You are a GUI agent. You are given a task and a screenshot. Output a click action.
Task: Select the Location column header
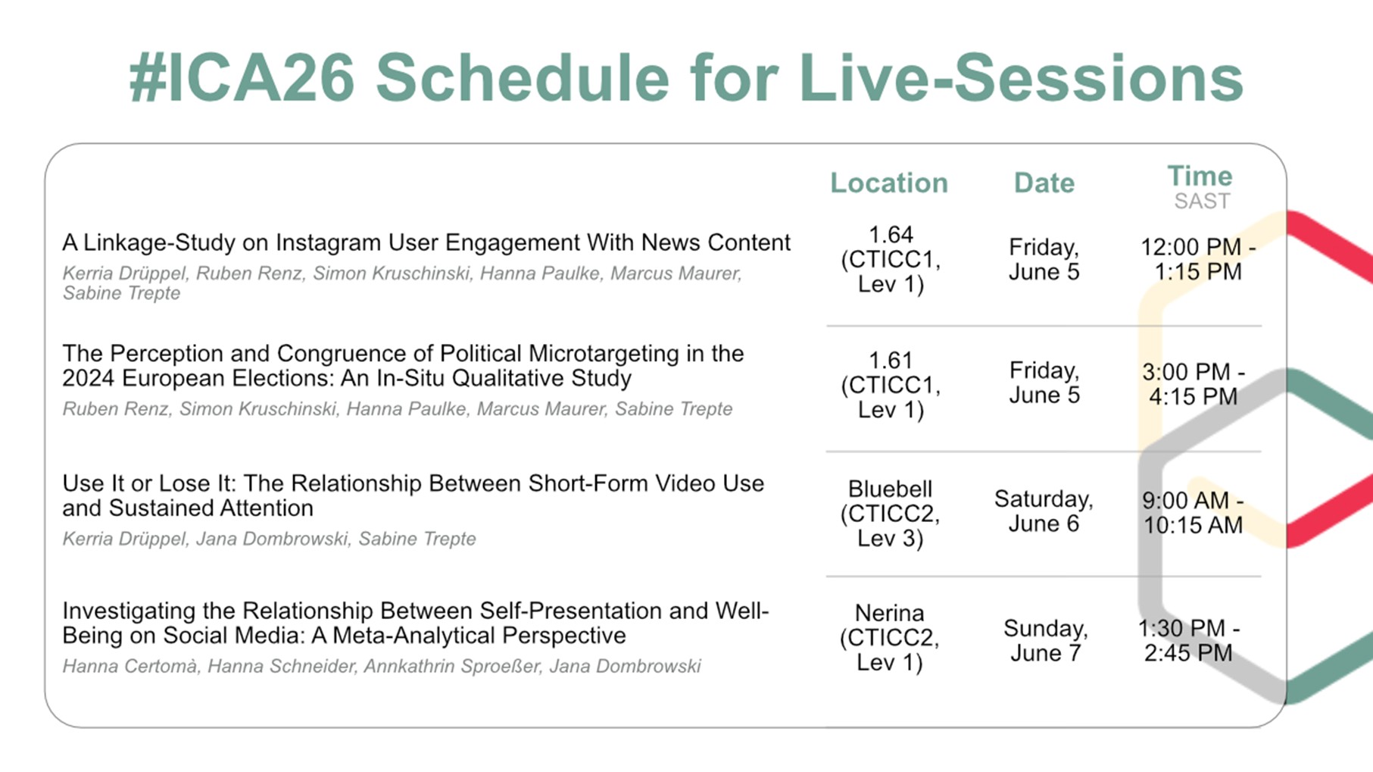[889, 183]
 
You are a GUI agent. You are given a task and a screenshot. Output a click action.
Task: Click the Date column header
[1044, 183]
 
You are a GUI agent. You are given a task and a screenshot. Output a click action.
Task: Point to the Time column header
[1200, 176]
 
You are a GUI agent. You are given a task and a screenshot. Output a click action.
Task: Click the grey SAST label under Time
[1202, 201]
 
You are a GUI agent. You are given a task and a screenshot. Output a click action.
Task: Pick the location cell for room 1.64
[891, 259]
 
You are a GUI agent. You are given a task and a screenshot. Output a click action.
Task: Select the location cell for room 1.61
[891, 385]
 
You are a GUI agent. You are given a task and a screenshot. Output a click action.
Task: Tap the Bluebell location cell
[890, 514]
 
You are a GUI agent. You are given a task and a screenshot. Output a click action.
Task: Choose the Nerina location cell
[890, 637]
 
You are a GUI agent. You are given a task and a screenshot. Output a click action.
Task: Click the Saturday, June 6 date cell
[1044, 511]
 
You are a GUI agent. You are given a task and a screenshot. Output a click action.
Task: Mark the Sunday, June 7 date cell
[1045, 640]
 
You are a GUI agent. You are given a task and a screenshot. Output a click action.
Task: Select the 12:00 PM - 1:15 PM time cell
[1198, 259]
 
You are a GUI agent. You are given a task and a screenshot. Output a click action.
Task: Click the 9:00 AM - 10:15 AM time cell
[1193, 512]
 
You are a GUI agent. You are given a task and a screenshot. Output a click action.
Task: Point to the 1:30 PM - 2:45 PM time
[1188, 640]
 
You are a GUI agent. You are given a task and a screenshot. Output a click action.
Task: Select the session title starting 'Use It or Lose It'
[413, 495]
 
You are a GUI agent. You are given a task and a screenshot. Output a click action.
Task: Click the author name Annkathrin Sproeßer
[451, 666]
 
